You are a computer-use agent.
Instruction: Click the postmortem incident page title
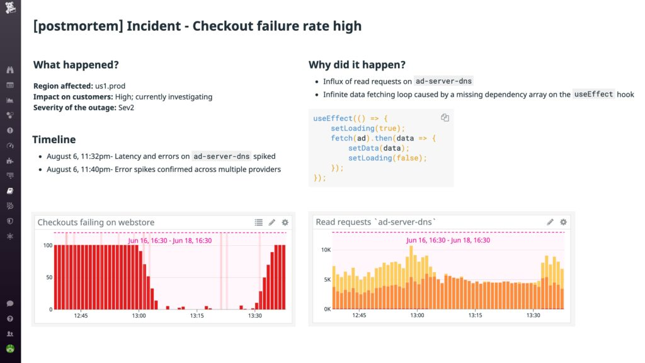[x=197, y=26]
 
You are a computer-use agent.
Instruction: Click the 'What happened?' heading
[x=76, y=64]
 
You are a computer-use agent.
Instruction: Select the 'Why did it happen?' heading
[x=357, y=64]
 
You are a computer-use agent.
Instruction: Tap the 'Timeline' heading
[x=54, y=139]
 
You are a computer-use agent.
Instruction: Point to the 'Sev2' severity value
[x=127, y=107]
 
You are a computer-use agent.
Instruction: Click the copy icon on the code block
[x=445, y=118]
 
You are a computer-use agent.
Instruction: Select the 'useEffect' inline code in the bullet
[x=593, y=95]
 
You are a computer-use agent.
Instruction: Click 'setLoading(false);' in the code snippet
[x=387, y=158]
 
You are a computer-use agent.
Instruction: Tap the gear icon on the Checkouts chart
[x=285, y=222]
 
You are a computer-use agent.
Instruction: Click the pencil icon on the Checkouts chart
[x=272, y=222]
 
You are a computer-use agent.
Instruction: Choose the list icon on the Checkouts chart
[x=258, y=222]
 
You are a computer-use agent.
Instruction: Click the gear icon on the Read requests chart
[x=563, y=222]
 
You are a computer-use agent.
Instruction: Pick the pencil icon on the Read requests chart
[x=550, y=222]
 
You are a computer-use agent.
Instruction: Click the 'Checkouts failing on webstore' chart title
[x=96, y=222]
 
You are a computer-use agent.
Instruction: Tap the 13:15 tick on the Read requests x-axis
[x=476, y=315]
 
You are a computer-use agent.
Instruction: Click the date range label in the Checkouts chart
[x=169, y=240]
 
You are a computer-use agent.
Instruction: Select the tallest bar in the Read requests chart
[x=411, y=277]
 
